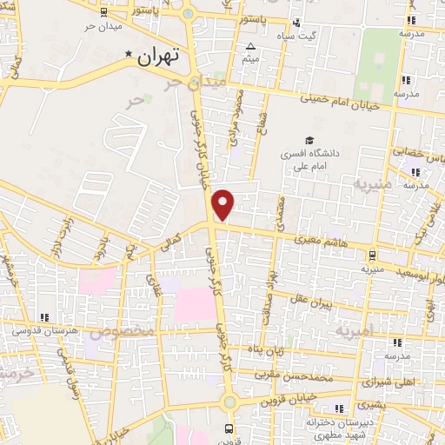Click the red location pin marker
pos(224,204)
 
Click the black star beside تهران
pos(130,56)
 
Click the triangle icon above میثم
pos(251,46)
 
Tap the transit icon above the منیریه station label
pos(372,256)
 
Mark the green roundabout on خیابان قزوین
pos(229,402)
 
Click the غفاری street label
pos(156,283)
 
